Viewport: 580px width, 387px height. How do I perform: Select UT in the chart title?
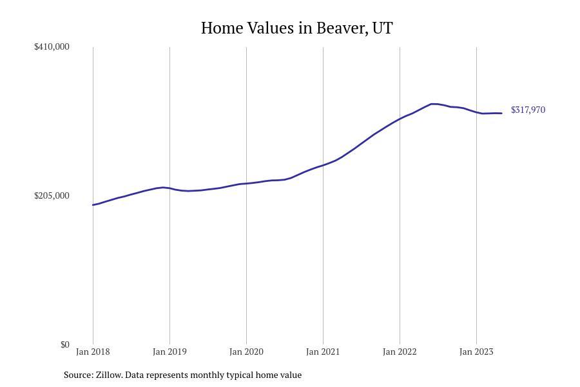pyautogui.click(x=382, y=28)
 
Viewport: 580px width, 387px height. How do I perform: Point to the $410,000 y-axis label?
pyautogui.click(x=52, y=46)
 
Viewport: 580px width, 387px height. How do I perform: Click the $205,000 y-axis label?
pyautogui.click(x=52, y=195)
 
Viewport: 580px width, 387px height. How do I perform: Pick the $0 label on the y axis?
pyautogui.click(x=64, y=344)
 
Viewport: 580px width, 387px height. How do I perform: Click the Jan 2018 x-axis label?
pyautogui.click(x=93, y=352)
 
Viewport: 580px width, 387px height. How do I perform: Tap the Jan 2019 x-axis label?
pyautogui.click(x=169, y=352)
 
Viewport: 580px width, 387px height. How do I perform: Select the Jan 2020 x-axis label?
pyautogui.click(x=246, y=352)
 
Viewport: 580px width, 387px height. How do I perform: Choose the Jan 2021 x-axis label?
pyautogui.click(x=323, y=352)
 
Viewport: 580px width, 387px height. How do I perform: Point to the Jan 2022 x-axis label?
pyautogui.click(x=400, y=352)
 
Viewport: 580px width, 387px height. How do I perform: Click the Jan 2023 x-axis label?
pyautogui.click(x=476, y=352)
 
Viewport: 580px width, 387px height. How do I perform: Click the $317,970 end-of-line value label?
pyautogui.click(x=528, y=110)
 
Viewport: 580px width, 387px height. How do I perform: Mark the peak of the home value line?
pyautogui.click(x=433, y=104)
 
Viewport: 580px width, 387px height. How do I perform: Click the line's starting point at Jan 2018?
pyautogui.click(x=93, y=205)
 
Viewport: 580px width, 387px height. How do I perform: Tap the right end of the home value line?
pyautogui.click(x=501, y=114)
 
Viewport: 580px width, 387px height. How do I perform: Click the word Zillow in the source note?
pyautogui.click(x=109, y=375)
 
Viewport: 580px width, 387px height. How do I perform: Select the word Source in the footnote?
pyautogui.click(x=77, y=375)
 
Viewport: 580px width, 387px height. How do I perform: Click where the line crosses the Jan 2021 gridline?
pyautogui.click(x=323, y=165)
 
